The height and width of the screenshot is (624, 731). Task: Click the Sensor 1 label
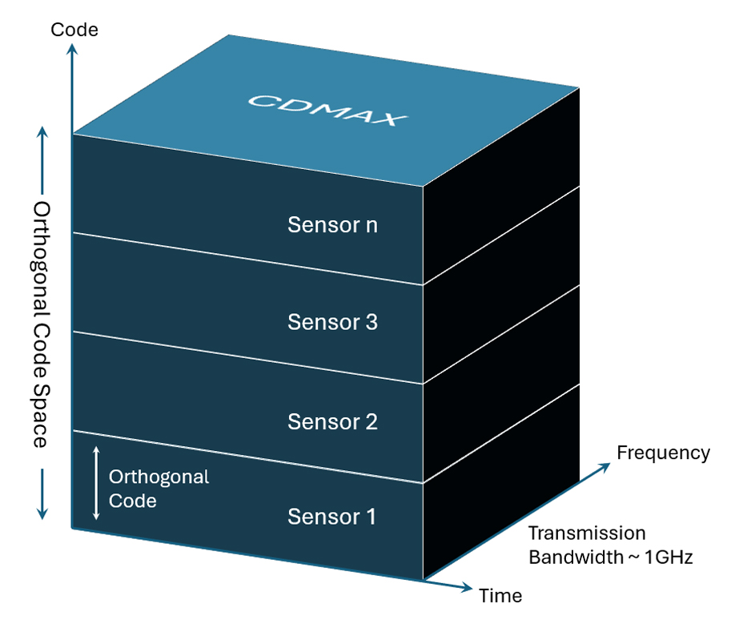pos(331,517)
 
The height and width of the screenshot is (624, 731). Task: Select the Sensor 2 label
pos(332,421)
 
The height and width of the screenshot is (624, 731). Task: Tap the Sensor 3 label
pos(332,322)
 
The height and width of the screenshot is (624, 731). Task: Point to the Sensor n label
pos(332,225)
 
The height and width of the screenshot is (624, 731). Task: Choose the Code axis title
pos(74,30)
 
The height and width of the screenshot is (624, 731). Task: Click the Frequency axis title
pos(663,453)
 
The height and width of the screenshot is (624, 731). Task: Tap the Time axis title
pos(500,595)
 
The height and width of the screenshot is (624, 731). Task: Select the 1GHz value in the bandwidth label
pos(668,557)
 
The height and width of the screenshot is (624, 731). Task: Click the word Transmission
pos(587,533)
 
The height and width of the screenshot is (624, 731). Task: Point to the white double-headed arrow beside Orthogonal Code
pos(96,484)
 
